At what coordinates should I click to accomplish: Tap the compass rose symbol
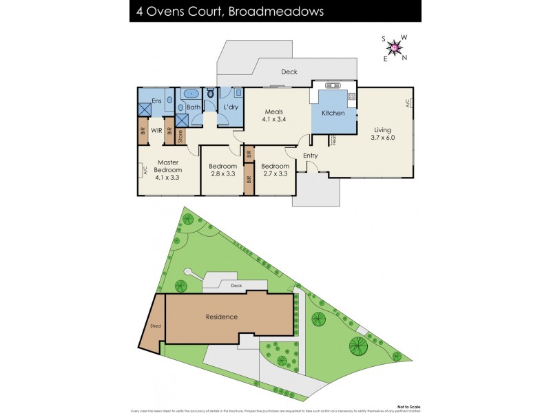pyautogui.click(x=395, y=46)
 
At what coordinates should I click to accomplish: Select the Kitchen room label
pyautogui.click(x=333, y=113)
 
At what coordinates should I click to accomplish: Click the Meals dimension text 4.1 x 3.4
pyautogui.click(x=273, y=120)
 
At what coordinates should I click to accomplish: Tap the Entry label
pyautogui.click(x=311, y=156)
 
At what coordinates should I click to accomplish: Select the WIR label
pyautogui.click(x=156, y=130)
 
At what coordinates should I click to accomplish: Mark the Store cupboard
pyautogui.click(x=180, y=136)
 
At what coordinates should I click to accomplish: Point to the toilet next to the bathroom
pyautogui.click(x=210, y=94)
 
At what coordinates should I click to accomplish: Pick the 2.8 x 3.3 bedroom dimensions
pyautogui.click(x=222, y=173)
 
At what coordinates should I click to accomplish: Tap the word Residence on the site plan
pyautogui.click(x=222, y=317)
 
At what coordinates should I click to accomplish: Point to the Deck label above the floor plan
pyautogui.click(x=289, y=72)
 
